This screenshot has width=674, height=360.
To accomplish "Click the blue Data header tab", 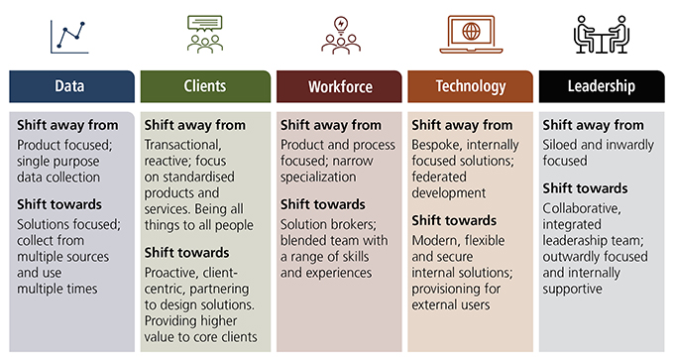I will tap(70, 86).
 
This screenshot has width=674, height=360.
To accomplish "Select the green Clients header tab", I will tap(204, 86).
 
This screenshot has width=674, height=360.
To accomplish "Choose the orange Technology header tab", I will tap(470, 86).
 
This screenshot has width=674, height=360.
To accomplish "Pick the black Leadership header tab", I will tap(603, 86).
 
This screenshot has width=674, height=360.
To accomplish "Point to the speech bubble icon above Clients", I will tap(204, 33).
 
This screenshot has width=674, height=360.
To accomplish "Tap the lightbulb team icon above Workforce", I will tap(340, 33).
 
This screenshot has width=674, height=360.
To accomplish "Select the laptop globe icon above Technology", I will tap(471, 33).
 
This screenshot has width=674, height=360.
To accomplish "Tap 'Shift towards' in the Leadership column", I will tap(586, 187).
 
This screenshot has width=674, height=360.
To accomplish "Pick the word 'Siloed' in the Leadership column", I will tap(563, 144).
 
